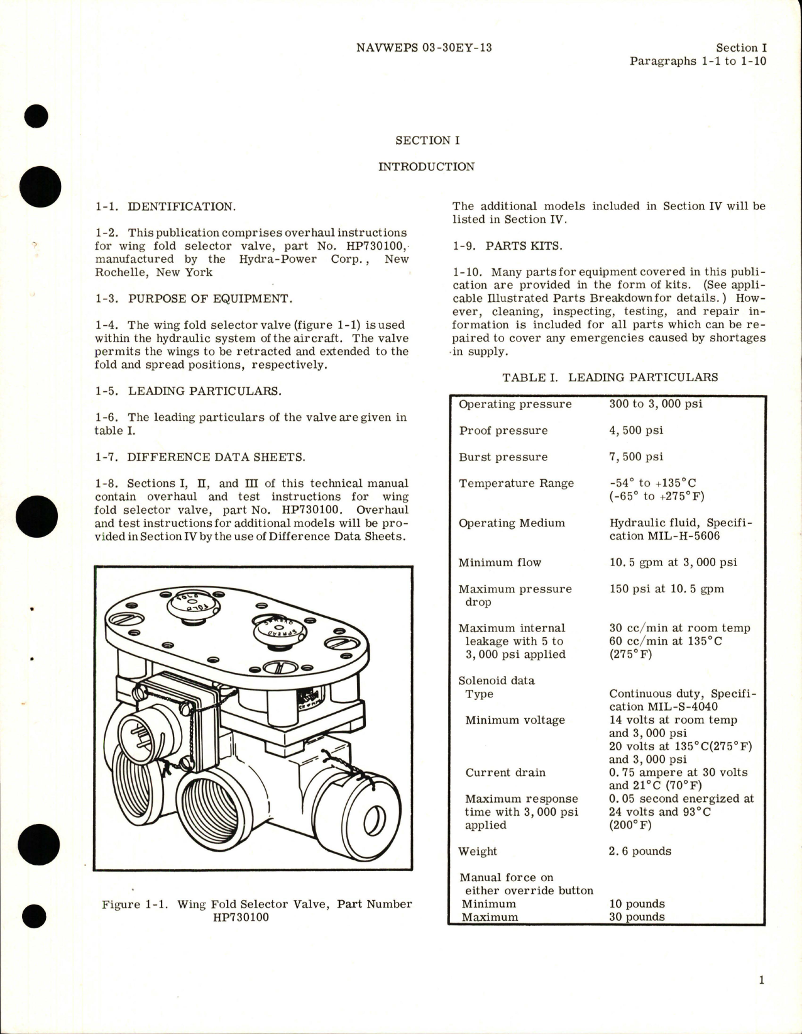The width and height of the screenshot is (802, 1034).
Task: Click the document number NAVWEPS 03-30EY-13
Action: [424, 48]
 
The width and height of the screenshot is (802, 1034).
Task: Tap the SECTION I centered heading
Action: [427, 140]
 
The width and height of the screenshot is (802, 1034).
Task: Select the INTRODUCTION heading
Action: [427, 167]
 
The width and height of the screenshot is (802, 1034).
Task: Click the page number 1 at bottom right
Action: [762, 980]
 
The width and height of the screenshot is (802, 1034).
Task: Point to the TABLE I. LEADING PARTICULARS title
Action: [610, 377]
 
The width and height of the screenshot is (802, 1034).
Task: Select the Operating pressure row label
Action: [515, 404]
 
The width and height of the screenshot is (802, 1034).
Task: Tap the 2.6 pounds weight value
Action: [640, 851]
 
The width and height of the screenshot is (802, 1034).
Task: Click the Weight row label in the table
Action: [478, 851]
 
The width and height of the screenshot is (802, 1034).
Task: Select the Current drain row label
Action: [505, 772]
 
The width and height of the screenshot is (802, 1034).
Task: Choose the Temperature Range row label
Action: [516, 483]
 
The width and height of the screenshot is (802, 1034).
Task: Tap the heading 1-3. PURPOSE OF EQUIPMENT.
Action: [194, 299]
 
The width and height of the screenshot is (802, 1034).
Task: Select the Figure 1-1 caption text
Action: [256, 910]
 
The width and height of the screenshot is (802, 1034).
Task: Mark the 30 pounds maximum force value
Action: [637, 917]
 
